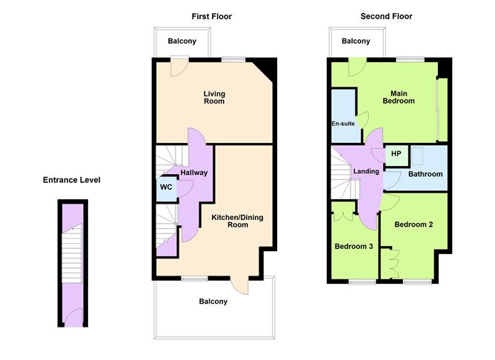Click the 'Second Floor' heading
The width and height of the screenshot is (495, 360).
[386, 16]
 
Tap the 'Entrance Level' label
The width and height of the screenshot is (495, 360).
[71, 180]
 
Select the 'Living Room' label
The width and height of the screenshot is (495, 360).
[214, 98]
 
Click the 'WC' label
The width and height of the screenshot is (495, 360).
[166, 187]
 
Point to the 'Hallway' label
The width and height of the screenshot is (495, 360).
[193, 173]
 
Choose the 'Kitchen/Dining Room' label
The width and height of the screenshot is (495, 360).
[237, 221]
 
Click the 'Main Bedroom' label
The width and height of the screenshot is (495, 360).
[398, 97]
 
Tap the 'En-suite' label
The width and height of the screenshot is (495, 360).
[342, 124]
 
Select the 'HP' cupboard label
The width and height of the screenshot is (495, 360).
[396, 154]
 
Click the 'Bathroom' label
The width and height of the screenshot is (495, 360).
[425, 174]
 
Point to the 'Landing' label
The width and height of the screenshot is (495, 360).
[367, 172]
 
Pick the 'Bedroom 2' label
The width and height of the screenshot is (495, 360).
[413, 224]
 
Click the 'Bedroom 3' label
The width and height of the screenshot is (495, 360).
[353, 247]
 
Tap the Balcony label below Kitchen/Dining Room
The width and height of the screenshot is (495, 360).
[213, 301]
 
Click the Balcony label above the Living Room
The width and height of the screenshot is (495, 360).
[182, 41]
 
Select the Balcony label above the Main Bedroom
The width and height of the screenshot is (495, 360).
[356, 41]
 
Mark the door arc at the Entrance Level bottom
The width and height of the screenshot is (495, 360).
[73, 319]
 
